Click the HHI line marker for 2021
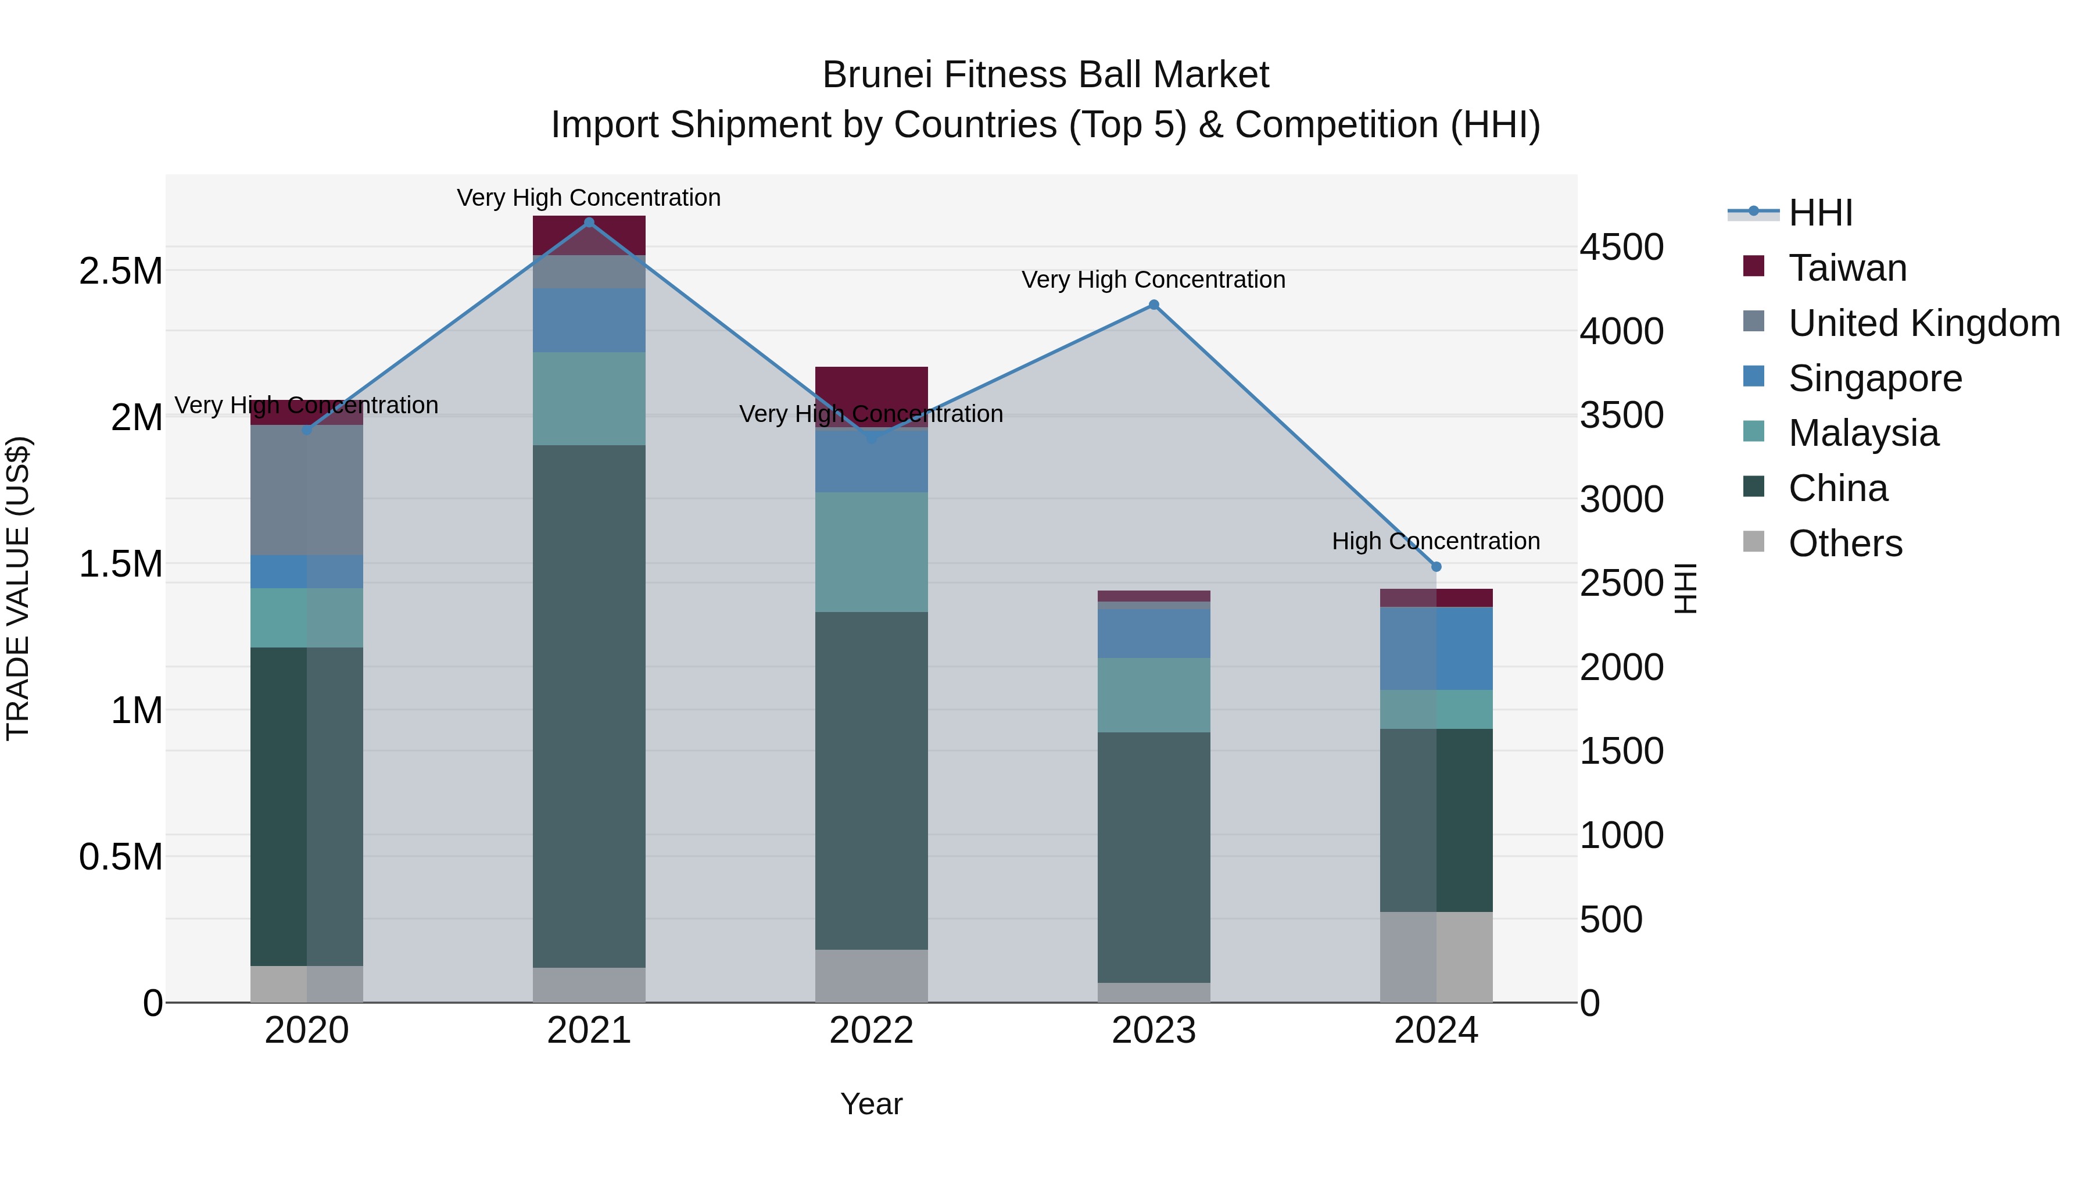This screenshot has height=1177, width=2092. coord(589,223)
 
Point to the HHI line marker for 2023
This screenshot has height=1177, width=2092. coord(1153,305)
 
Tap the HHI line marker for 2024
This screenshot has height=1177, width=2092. coord(1436,567)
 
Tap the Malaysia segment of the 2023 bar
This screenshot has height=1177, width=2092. coord(1153,695)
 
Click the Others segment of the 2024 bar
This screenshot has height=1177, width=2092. coord(1436,956)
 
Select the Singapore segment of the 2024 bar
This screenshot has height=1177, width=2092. coord(1436,648)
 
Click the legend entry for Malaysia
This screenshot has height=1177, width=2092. coord(1863,433)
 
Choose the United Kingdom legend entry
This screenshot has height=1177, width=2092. coord(1923,323)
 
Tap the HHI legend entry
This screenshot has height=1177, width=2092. coord(1819,213)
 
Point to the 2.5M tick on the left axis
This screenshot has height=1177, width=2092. coord(121,271)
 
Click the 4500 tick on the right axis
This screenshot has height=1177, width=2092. coord(1621,247)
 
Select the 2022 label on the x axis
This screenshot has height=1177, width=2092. coord(872,1031)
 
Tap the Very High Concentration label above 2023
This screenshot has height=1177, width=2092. coord(1153,280)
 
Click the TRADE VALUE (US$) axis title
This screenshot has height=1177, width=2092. coord(19,588)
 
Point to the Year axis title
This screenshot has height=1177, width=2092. coord(872,1104)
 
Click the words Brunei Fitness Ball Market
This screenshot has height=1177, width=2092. coord(1045,75)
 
